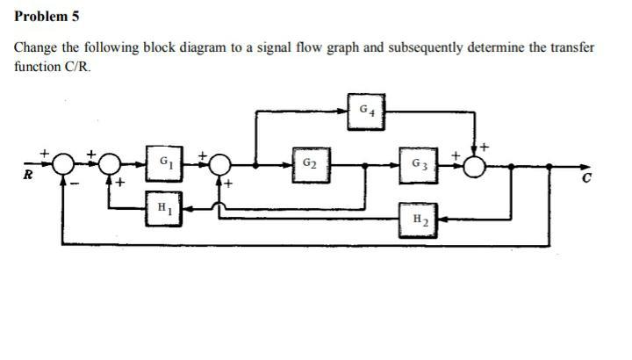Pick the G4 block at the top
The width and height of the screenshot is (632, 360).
click(368, 112)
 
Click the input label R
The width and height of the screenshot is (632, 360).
click(27, 176)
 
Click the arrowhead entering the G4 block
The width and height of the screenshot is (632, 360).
click(348, 111)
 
